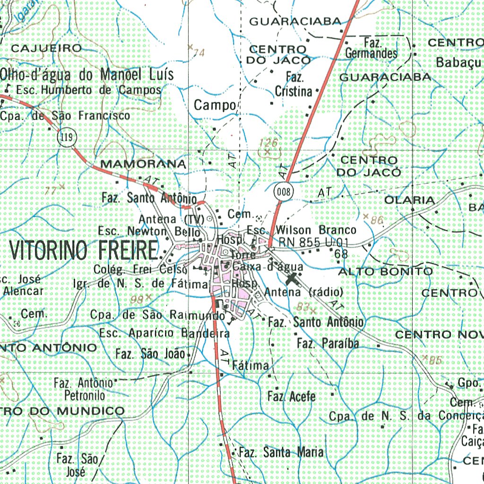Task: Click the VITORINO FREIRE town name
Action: (x=83, y=250)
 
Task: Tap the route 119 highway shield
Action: (x=66, y=138)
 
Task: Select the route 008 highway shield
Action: (x=283, y=191)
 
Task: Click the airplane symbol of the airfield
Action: (x=294, y=278)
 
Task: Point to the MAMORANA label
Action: (x=143, y=164)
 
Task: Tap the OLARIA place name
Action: (x=409, y=200)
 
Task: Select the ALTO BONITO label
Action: (x=385, y=271)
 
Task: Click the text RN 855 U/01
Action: (x=313, y=242)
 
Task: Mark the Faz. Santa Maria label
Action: (x=281, y=452)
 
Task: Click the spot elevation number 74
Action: (x=199, y=52)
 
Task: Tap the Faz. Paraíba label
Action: (x=328, y=343)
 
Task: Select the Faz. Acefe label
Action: (x=291, y=396)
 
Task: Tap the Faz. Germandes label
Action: (x=372, y=48)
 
